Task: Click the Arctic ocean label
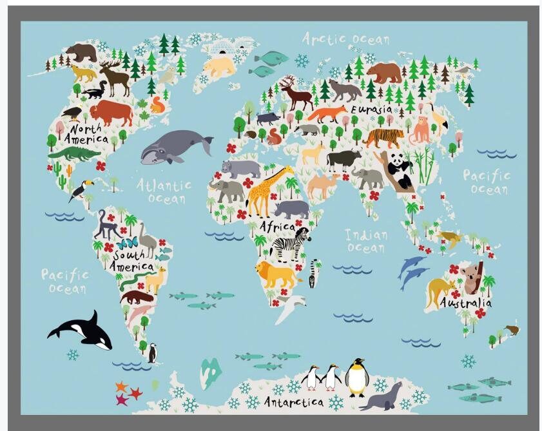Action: click(345, 39)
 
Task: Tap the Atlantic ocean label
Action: click(164, 191)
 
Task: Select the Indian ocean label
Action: click(365, 240)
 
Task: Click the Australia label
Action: click(465, 303)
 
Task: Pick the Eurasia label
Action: click(371, 110)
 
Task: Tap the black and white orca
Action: click(82, 330)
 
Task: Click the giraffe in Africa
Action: click(265, 190)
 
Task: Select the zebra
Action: click(290, 245)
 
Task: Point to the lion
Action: click(275, 274)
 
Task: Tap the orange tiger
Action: click(384, 138)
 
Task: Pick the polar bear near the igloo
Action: click(220, 66)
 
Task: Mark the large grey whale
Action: click(175, 146)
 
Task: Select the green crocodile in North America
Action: click(73, 153)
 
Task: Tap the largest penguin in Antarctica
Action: click(356, 378)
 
